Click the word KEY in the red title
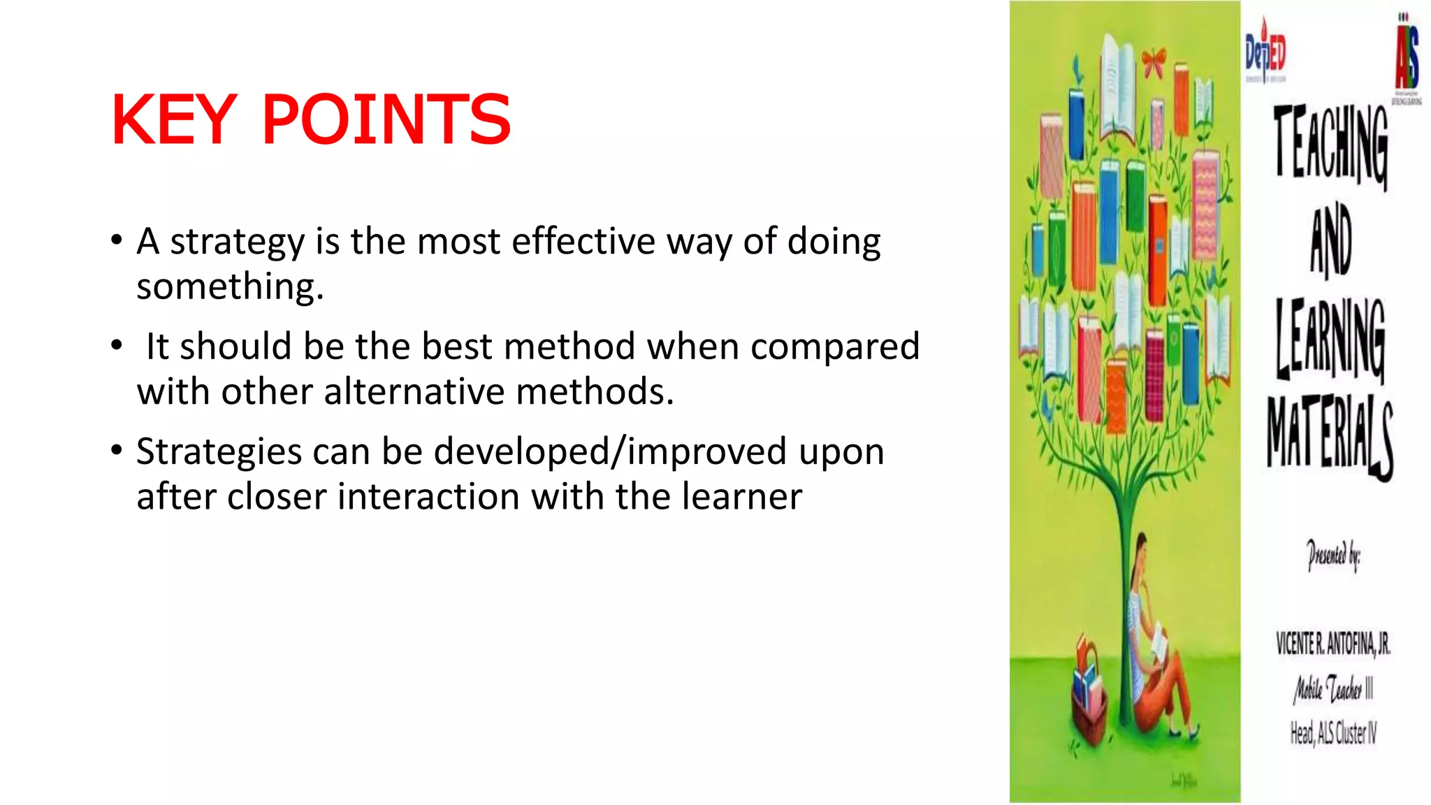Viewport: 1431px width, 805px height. pos(175,120)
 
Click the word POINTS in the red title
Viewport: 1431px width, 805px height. pos(386,120)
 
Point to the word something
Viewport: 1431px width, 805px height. pos(230,287)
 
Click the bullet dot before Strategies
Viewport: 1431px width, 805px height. pos(117,450)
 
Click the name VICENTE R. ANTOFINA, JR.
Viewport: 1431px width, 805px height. pos(1332,644)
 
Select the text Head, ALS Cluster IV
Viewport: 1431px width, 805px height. pos(1332,733)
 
